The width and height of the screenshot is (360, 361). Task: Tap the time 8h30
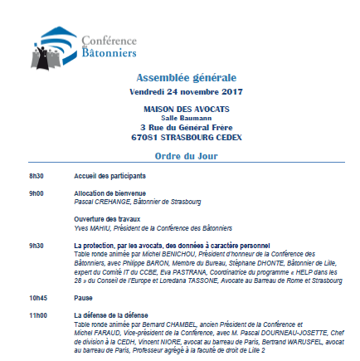[x=36, y=176]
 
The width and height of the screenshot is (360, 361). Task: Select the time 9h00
[x=36, y=193]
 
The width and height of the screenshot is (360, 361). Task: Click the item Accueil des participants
[x=110, y=176]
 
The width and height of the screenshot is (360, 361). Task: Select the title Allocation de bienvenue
[x=109, y=193]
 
